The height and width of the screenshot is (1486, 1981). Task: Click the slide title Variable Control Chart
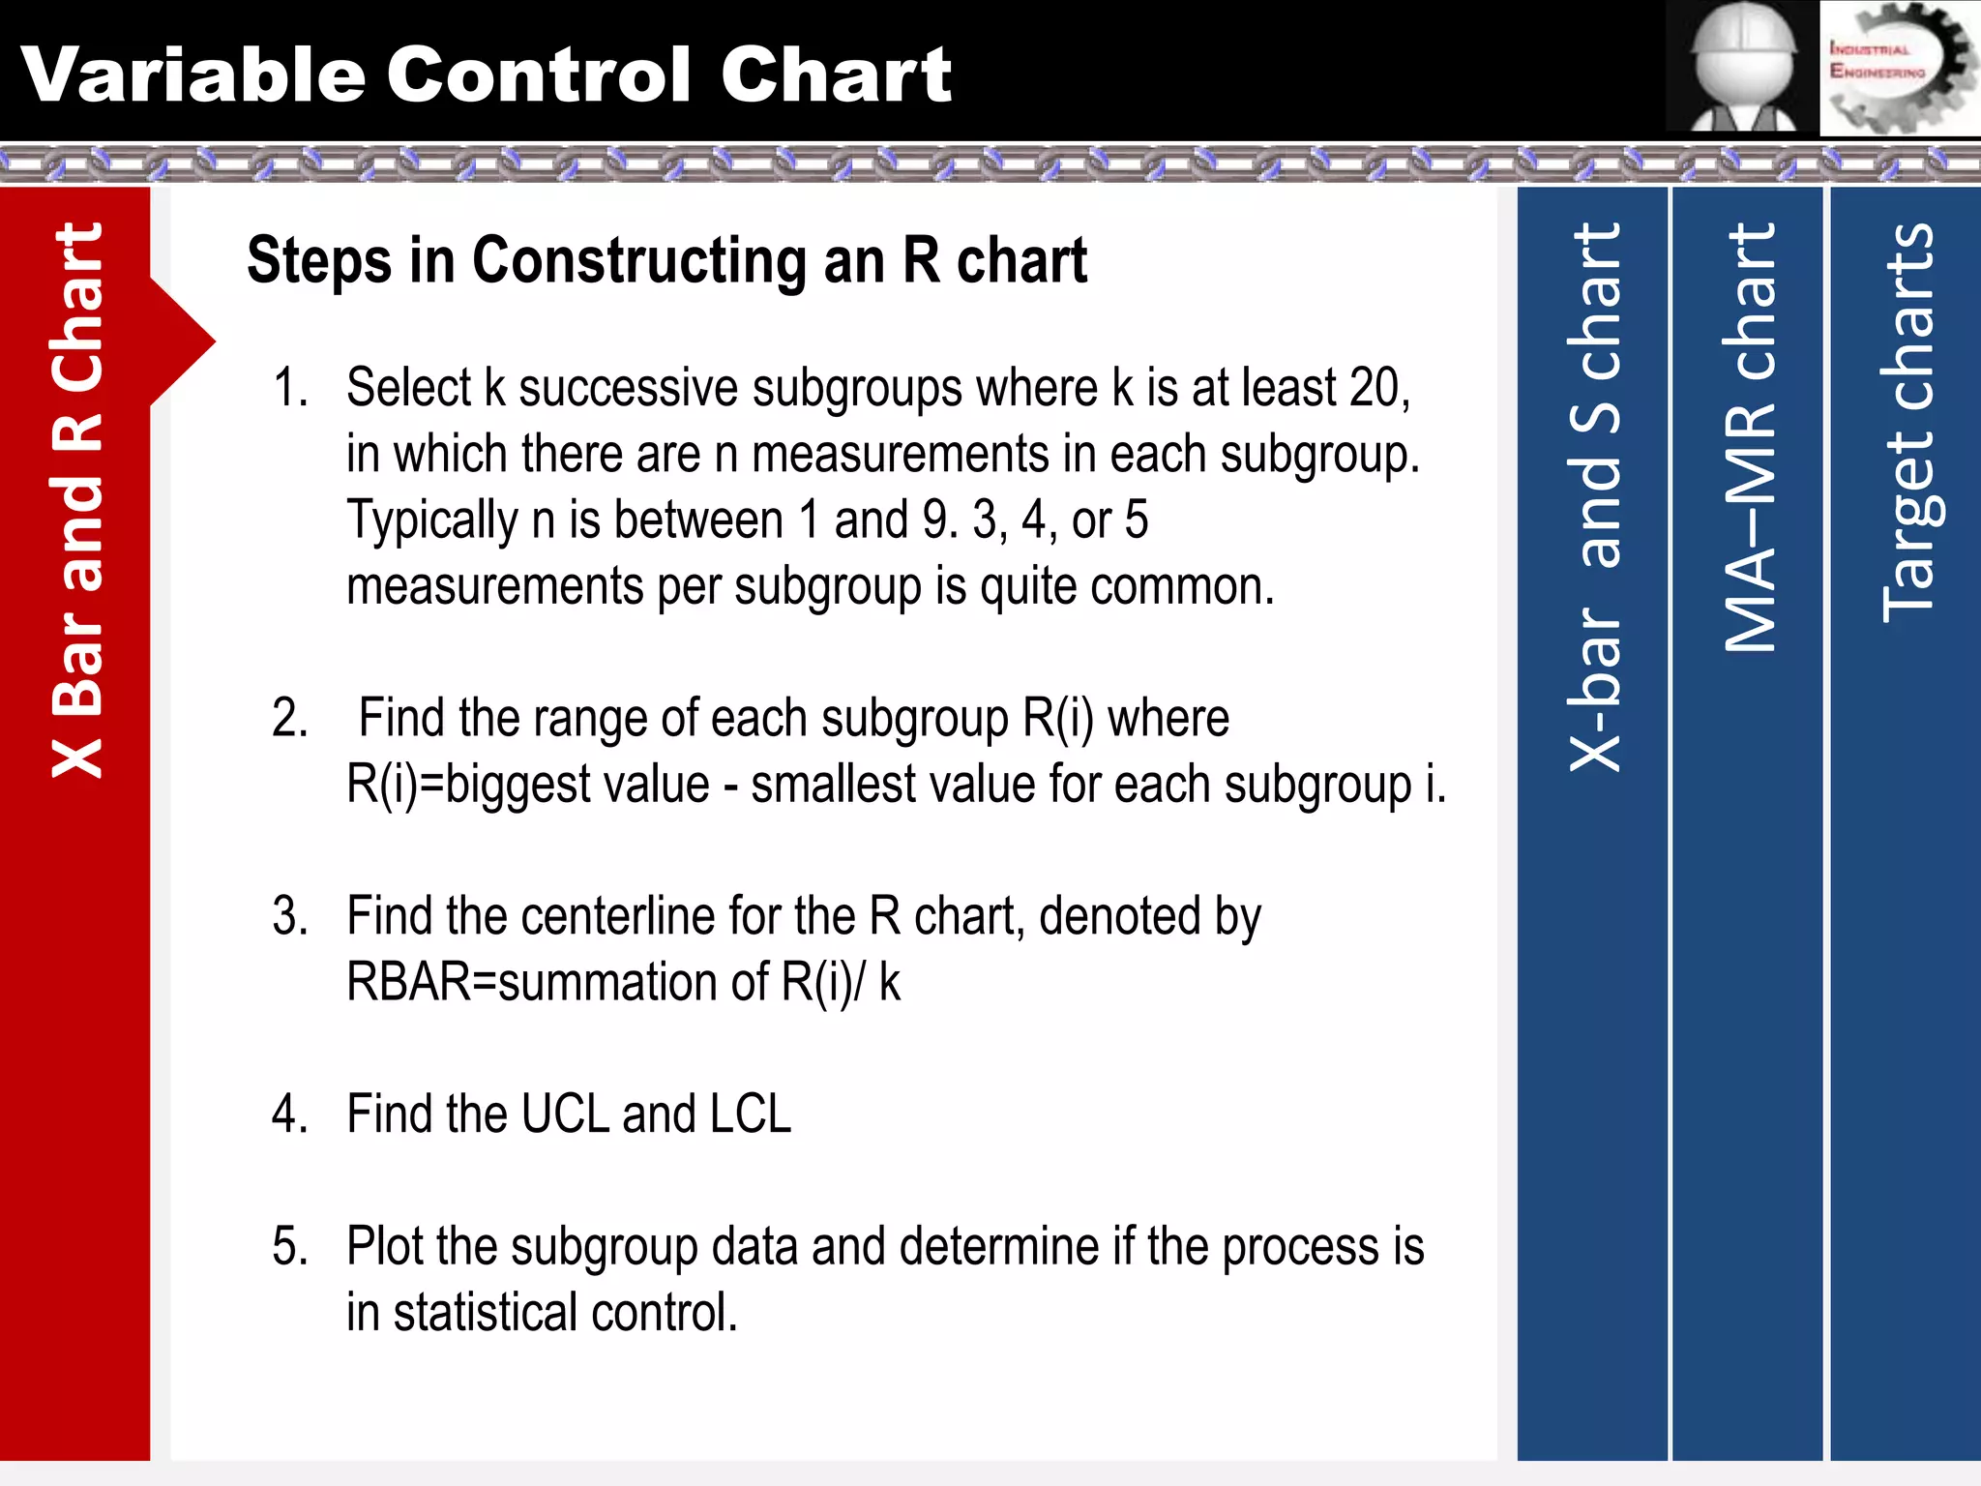pyautogui.click(x=486, y=74)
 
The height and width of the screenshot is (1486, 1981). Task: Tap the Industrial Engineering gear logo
pyautogui.click(x=1899, y=68)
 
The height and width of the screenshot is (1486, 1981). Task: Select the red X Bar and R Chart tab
pyautogui.click(x=75, y=503)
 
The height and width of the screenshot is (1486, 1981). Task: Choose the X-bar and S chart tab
pyautogui.click(x=1593, y=498)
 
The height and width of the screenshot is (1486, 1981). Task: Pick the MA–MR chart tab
pyautogui.click(x=1749, y=440)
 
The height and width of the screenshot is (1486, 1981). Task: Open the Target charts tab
pyautogui.click(x=1907, y=423)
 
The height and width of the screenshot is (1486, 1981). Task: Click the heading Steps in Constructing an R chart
pyautogui.click(x=666, y=260)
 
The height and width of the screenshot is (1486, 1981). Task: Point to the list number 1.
pyautogui.click(x=290, y=388)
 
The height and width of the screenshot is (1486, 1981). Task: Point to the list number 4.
pyautogui.click(x=290, y=1114)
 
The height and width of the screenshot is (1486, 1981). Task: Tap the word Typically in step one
pyautogui.click(x=432, y=520)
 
